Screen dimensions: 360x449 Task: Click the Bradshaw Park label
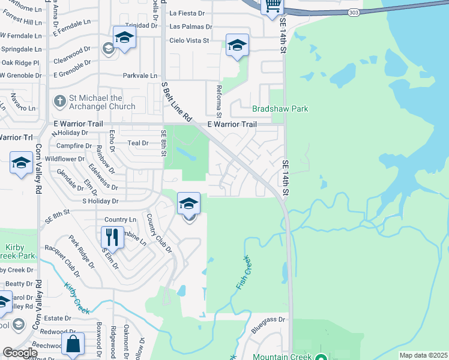coord(280,109)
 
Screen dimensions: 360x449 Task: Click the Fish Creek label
coord(243,274)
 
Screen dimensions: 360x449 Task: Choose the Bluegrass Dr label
coord(267,320)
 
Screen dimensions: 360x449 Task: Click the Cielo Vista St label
coord(188,40)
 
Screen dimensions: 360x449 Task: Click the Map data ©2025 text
coord(423,355)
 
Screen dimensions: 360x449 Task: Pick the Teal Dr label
coord(138,143)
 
